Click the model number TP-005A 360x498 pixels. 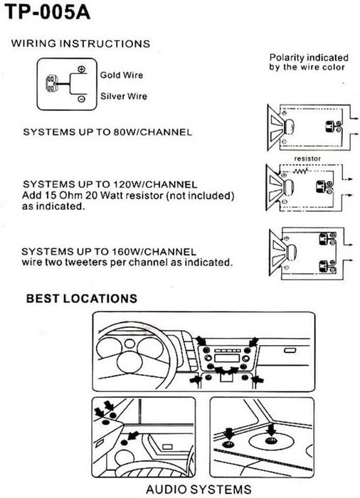(x=48, y=12)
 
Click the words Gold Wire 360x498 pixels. (x=122, y=75)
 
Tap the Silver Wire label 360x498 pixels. (x=124, y=96)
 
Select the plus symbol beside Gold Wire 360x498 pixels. (x=82, y=69)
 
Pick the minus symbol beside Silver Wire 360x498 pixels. (x=81, y=99)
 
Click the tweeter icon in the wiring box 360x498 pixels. (x=52, y=84)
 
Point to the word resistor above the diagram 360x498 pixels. (x=307, y=158)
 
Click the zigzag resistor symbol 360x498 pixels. (x=300, y=172)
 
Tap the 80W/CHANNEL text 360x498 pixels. (x=153, y=132)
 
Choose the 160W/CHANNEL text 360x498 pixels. (x=154, y=252)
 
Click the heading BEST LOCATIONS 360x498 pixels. (x=82, y=299)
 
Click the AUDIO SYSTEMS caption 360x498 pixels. (x=198, y=489)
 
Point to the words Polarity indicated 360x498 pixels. (x=309, y=58)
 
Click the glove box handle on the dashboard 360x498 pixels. (x=290, y=350)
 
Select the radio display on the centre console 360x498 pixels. (x=226, y=359)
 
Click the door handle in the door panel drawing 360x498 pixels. (x=167, y=447)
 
